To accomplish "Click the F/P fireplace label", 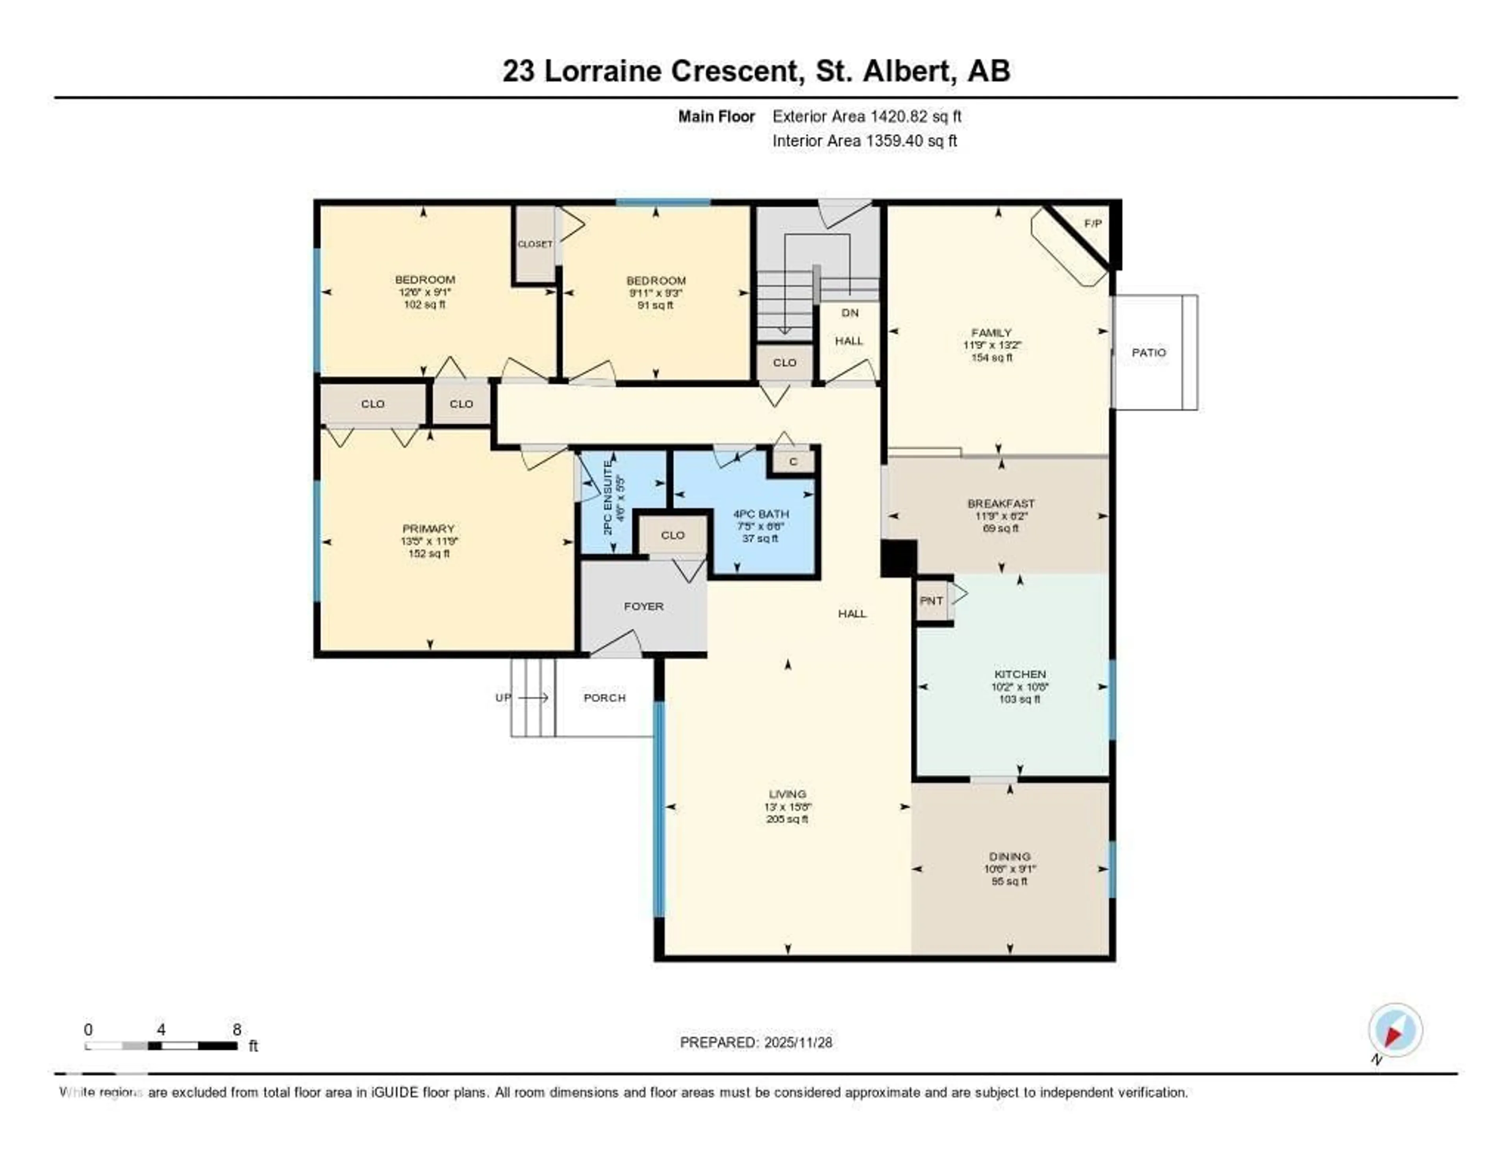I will [x=1093, y=224].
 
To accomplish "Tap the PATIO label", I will [x=1149, y=352].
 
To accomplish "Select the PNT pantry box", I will [x=931, y=601].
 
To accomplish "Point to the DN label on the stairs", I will [x=849, y=313].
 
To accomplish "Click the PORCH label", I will [x=604, y=698].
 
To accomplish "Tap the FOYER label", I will [x=643, y=606].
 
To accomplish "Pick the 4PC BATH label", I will [x=760, y=514].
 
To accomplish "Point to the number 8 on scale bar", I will [x=237, y=1029].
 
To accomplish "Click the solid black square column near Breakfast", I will [x=898, y=558].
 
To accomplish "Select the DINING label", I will [x=1010, y=857].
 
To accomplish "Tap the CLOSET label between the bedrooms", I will [x=535, y=245].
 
